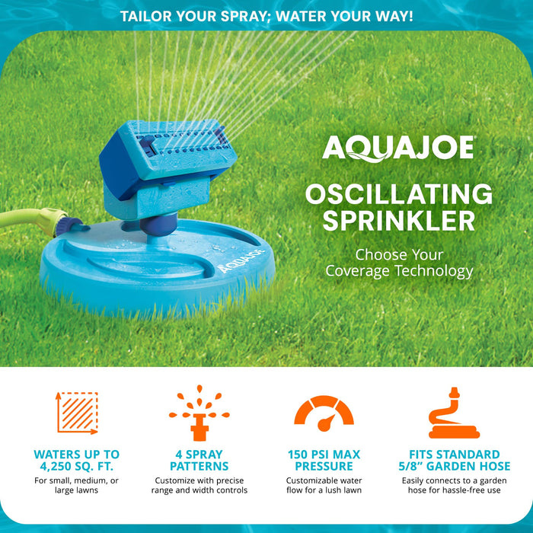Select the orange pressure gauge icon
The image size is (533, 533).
324,413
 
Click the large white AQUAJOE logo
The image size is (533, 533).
398,147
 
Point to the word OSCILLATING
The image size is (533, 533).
398,193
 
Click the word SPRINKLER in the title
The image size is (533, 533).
398,220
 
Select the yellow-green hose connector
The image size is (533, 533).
53,222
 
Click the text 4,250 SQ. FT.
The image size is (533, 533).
77,466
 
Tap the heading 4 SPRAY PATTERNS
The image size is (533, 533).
199,460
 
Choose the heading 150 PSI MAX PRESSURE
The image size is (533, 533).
324,460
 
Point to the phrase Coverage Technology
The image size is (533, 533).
399,271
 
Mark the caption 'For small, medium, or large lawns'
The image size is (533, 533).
77,485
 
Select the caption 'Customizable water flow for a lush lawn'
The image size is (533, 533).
324,485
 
